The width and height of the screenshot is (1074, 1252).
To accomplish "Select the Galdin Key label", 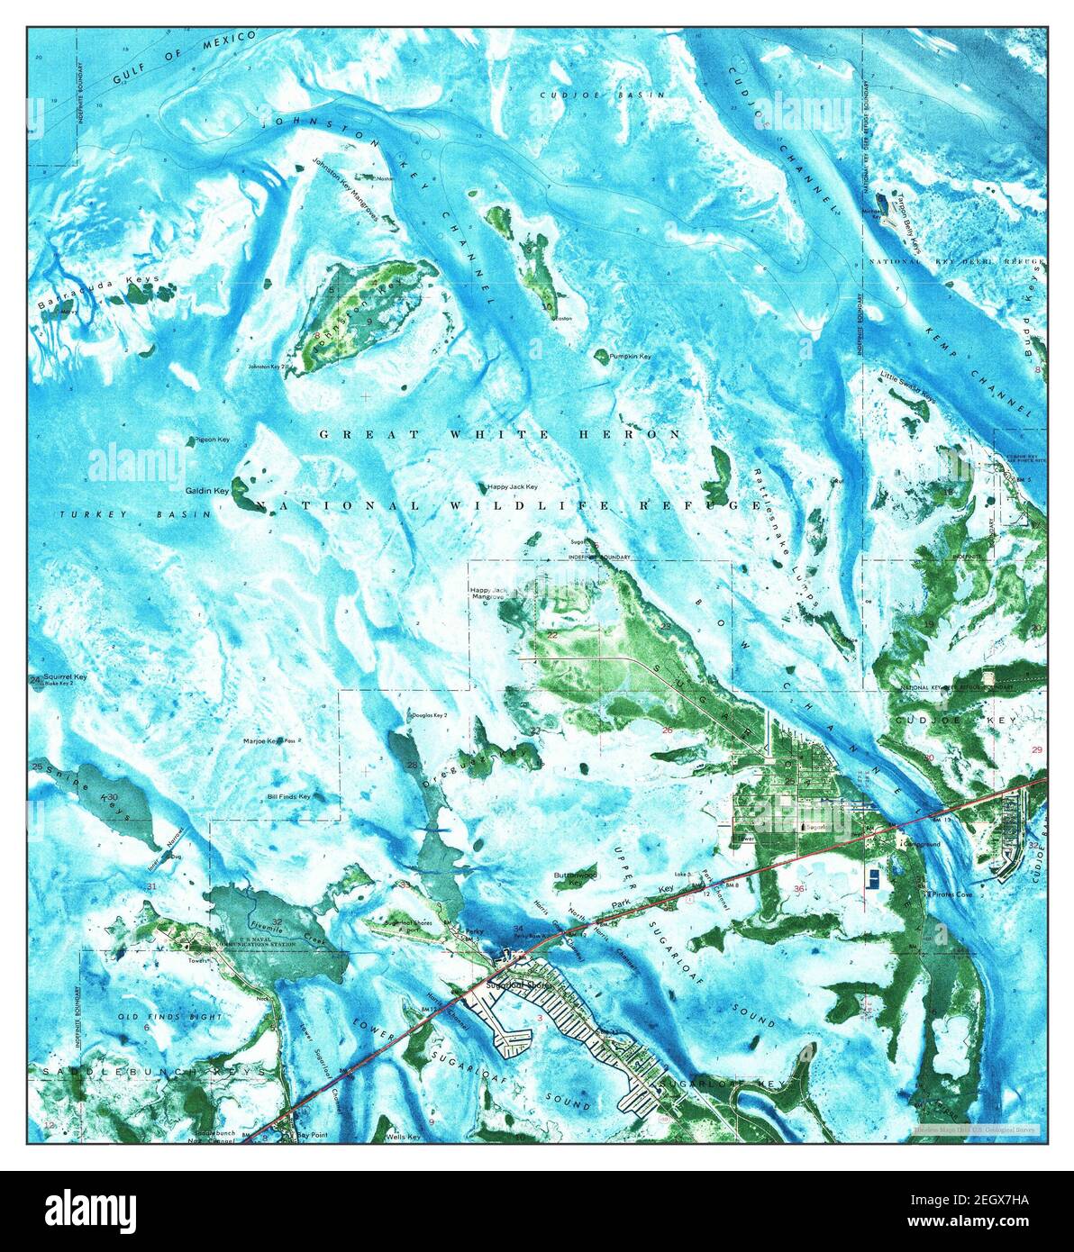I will click(207, 491).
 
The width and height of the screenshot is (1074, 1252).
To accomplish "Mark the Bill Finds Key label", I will click(288, 796).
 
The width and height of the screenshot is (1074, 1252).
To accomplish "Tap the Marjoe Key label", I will click(263, 741).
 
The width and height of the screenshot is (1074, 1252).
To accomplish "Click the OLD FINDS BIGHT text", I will click(158, 1016).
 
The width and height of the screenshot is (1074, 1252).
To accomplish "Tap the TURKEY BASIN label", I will click(132, 514).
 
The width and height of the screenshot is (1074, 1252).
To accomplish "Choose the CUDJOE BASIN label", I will click(602, 95).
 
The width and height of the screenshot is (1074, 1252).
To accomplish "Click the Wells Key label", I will click(403, 1138).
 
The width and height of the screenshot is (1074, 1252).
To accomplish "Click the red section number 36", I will click(799, 890).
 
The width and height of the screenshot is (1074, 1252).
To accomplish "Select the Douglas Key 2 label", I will click(429, 715).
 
